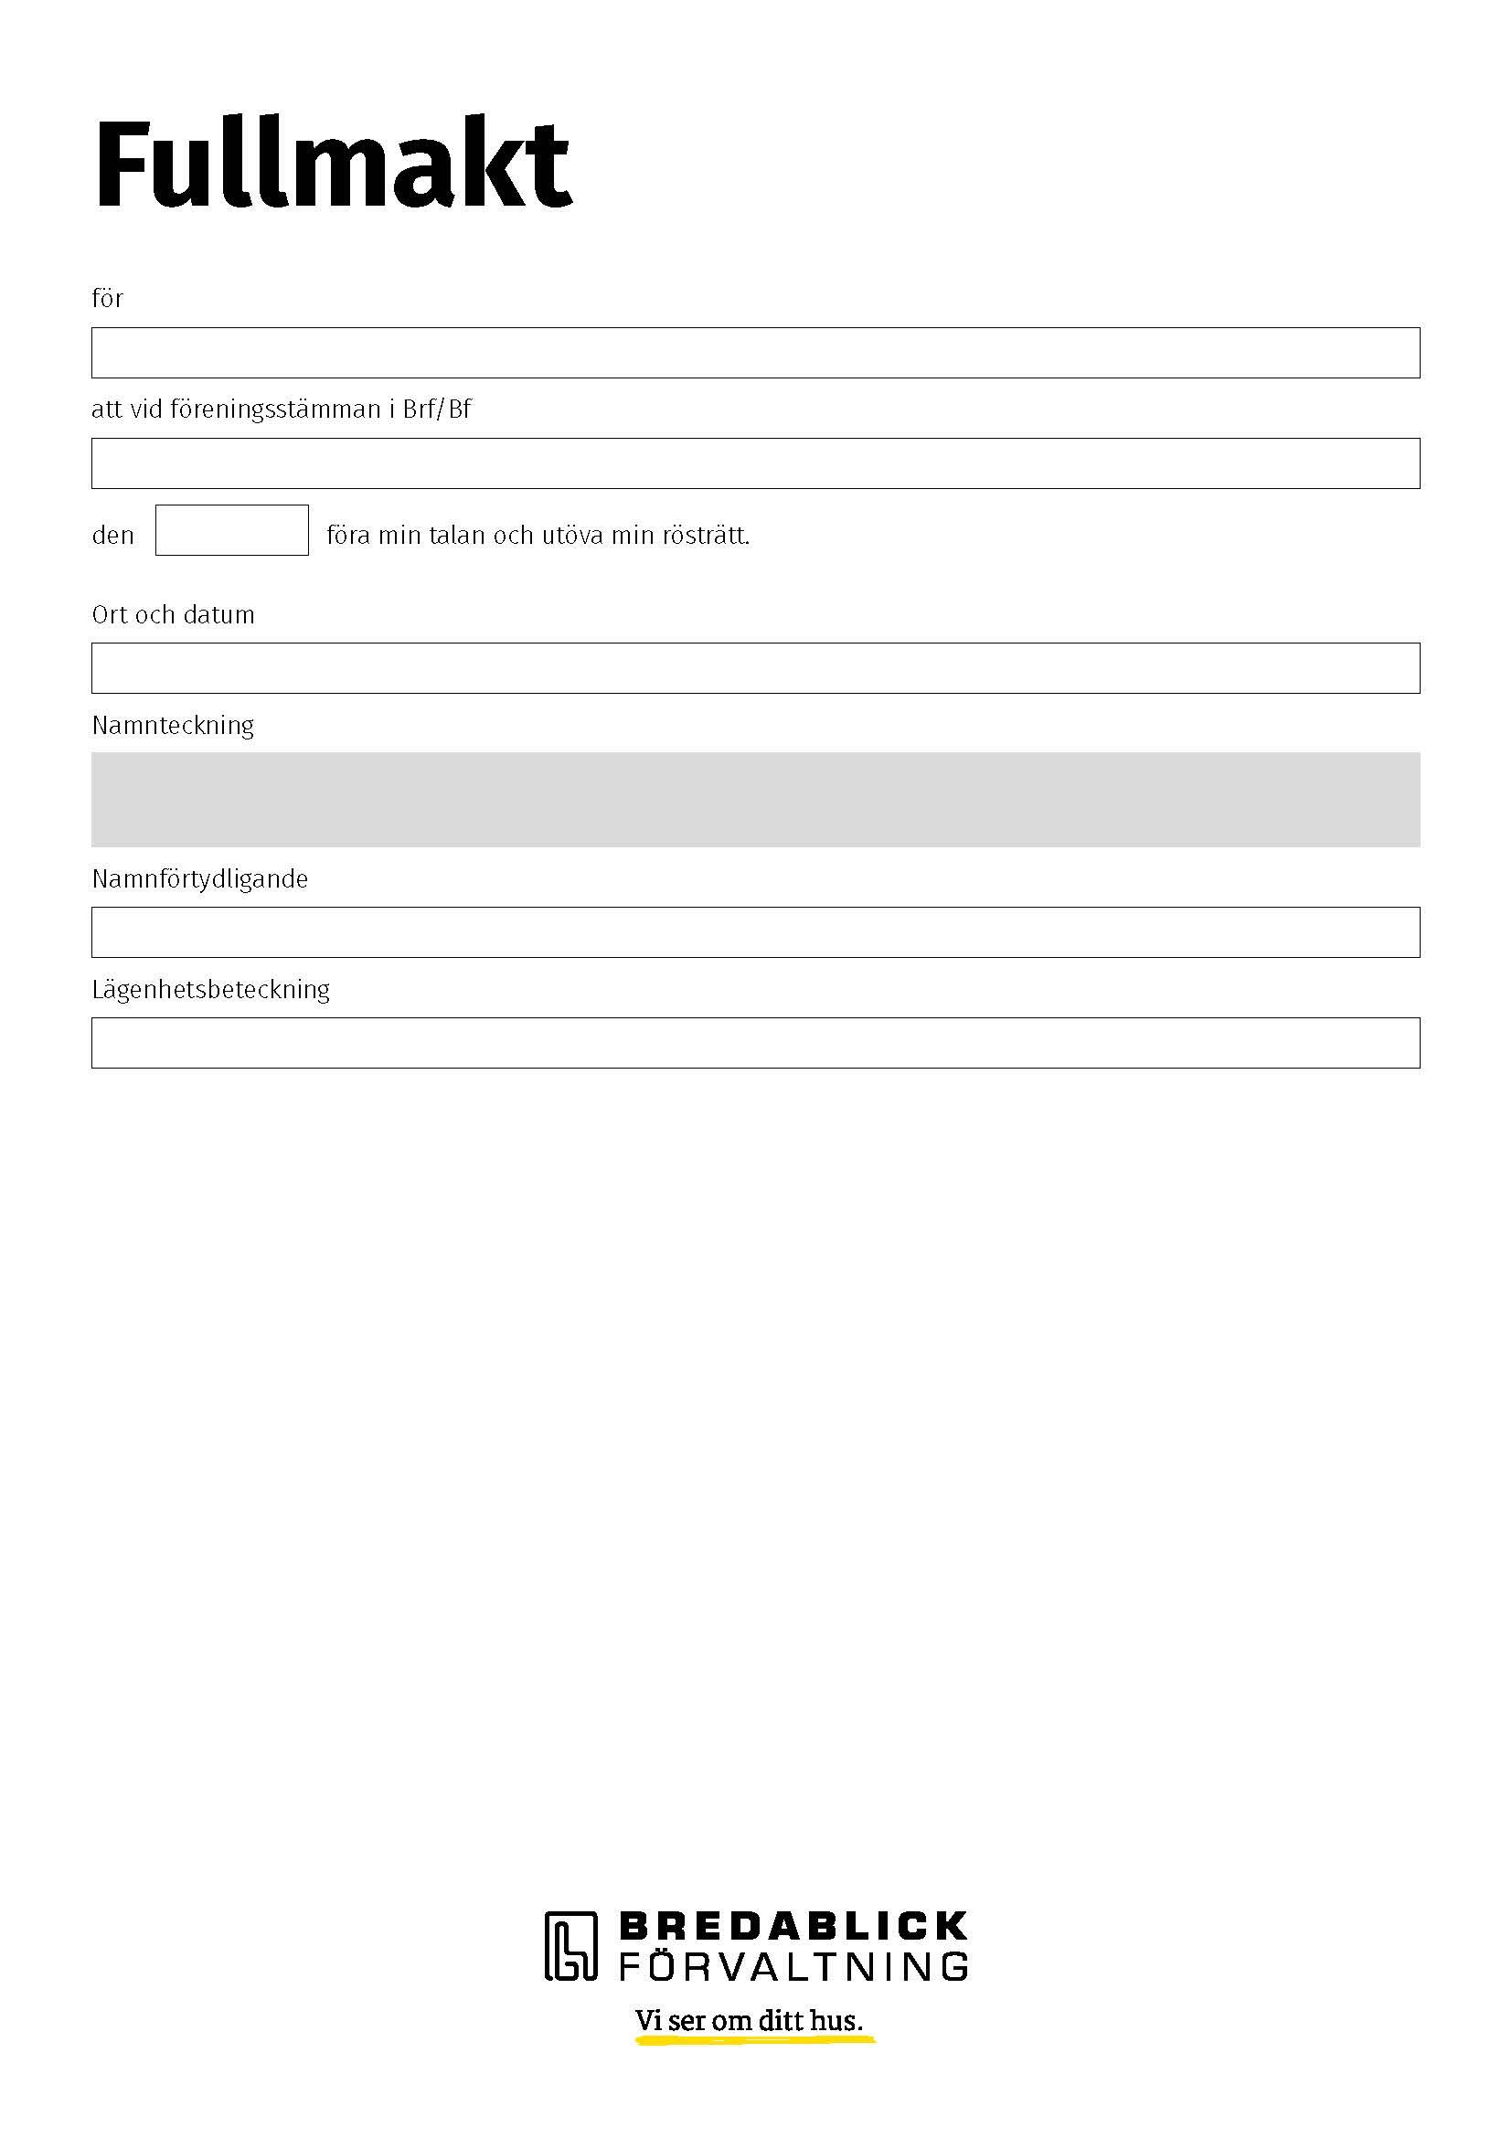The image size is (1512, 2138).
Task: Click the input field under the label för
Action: (755, 353)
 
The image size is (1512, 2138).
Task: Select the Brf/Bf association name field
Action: (755, 463)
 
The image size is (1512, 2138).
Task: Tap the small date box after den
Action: (232, 530)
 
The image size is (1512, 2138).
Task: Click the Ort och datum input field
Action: (755, 667)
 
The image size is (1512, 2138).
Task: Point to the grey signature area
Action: (755, 799)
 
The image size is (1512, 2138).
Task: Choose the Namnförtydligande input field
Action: (755, 932)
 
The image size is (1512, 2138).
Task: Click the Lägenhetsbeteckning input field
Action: (755, 1042)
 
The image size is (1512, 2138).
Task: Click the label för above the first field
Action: (107, 299)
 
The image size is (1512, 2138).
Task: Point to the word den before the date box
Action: (112, 536)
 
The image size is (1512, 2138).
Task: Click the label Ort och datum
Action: (173, 614)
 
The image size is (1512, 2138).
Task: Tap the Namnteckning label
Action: (173, 726)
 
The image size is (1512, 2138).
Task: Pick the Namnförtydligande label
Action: (200, 879)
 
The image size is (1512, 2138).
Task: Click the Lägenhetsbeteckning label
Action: (211, 989)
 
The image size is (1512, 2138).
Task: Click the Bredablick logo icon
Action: (570, 1946)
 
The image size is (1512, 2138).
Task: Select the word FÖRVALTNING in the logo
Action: (793, 1966)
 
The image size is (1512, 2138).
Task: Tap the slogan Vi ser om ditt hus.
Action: (750, 2021)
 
